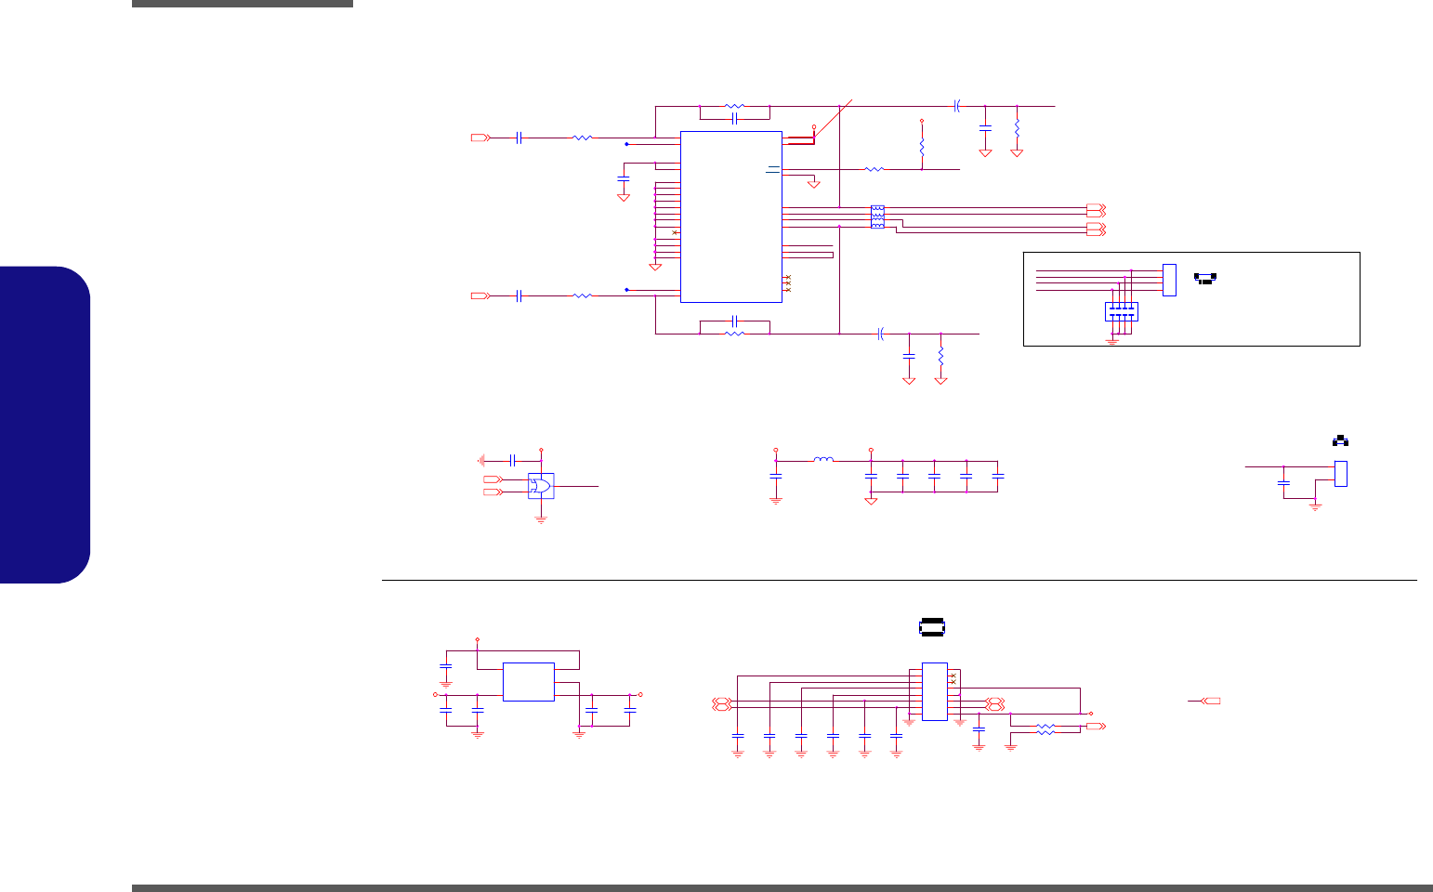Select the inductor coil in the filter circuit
click(823, 459)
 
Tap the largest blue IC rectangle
click(731, 216)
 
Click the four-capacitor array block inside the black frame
click(1122, 312)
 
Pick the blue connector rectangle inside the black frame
click(1169, 280)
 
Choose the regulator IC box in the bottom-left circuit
click(528, 681)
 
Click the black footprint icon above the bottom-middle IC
click(931, 628)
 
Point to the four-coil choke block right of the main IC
click(877, 216)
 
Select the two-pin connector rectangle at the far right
click(1341, 473)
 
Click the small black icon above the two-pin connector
click(1341, 440)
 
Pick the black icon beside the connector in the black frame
click(1205, 277)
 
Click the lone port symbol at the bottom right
click(1211, 700)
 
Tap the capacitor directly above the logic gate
click(512, 460)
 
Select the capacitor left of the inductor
click(776, 476)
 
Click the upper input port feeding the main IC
click(479, 138)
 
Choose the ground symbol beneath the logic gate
click(541, 519)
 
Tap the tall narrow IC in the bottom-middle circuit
click(934, 690)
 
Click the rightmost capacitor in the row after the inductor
click(998, 476)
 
